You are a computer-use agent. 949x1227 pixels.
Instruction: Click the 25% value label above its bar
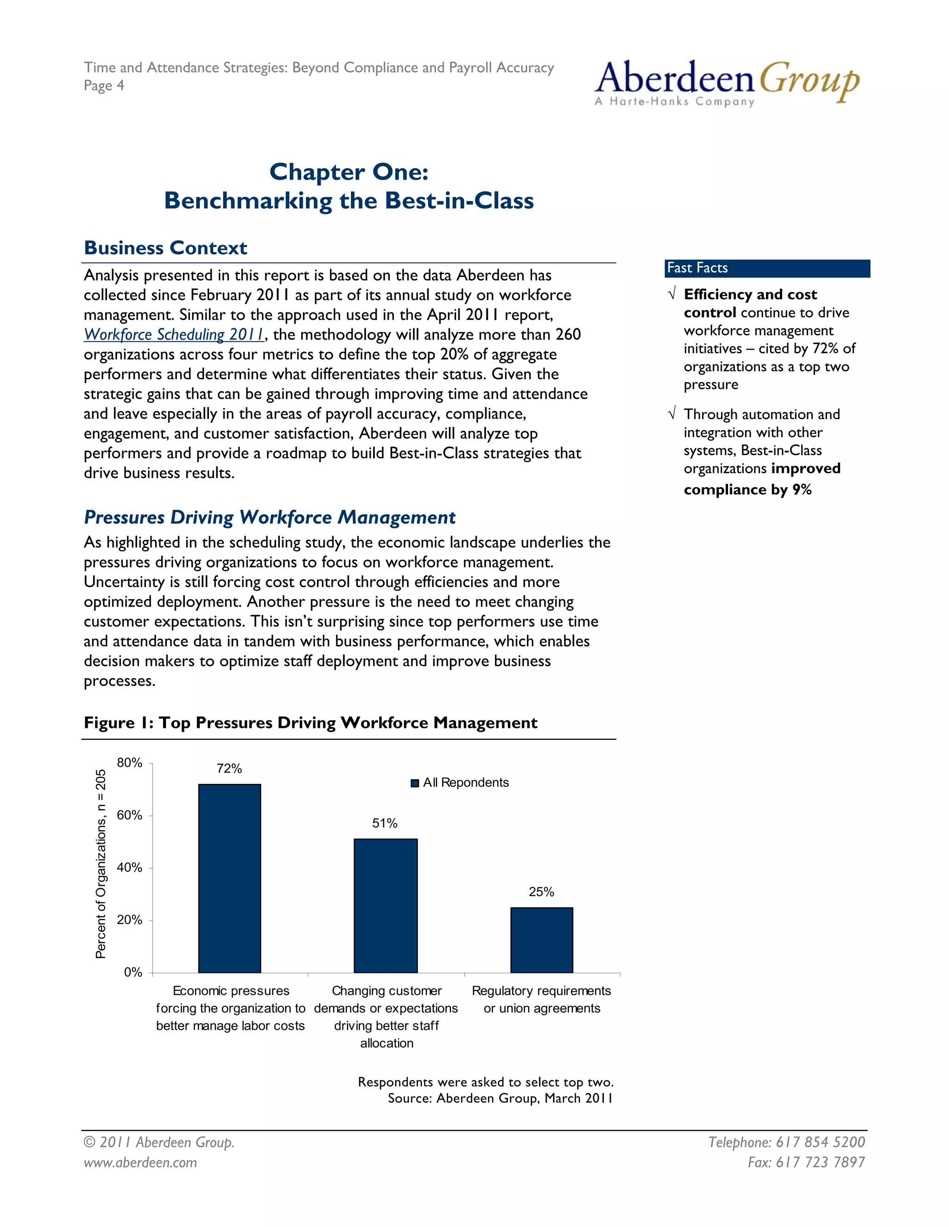pyautogui.click(x=541, y=892)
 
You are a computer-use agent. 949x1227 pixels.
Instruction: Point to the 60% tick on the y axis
pyautogui.click(x=130, y=815)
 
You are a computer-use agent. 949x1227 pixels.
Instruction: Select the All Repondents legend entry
pyautogui.click(x=460, y=783)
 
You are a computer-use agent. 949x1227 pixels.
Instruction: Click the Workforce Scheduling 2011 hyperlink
pyautogui.click(x=174, y=335)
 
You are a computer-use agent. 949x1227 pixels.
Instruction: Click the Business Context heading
pyautogui.click(x=165, y=248)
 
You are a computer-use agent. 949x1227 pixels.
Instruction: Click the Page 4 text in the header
pyautogui.click(x=104, y=85)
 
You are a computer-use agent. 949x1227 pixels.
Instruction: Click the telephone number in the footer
pyautogui.click(x=786, y=1142)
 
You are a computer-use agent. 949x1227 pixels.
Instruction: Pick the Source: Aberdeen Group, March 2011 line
pyautogui.click(x=500, y=1098)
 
